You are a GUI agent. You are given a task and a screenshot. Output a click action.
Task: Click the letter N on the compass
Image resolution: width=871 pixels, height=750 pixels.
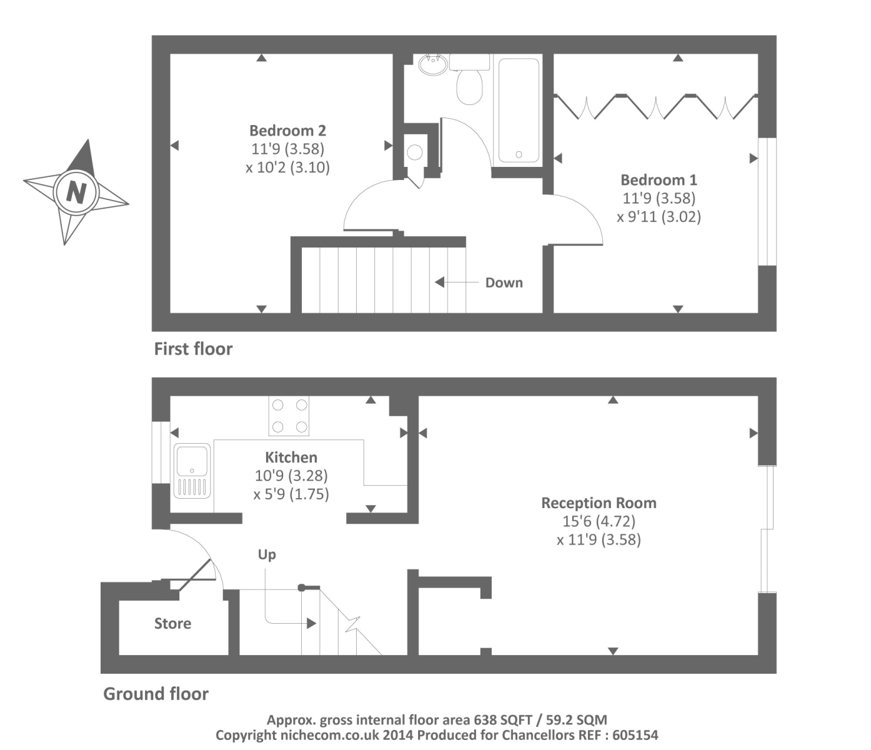pyautogui.click(x=76, y=191)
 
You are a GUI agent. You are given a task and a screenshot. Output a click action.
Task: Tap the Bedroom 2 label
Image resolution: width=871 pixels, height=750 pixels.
pyautogui.click(x=287, y=131)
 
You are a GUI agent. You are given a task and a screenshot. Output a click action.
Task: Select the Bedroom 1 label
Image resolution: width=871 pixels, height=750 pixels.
pyautogui.click(x=659, y=180)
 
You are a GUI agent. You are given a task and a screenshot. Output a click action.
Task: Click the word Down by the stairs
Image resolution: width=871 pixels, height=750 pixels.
pyautogui.click(x=504, y=282)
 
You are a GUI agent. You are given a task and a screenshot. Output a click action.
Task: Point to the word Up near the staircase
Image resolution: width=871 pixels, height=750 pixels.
pyautogui.click(x=267, y=554)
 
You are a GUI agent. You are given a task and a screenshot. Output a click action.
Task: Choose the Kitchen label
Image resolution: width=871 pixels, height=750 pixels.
pyautogui.click(x=291, y=457)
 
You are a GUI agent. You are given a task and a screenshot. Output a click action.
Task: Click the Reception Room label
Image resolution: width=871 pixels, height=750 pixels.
pyautogui.click(x=599, y=503)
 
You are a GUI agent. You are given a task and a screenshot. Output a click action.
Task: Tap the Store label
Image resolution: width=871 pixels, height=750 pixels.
pyautogui.click(x=172, y=623)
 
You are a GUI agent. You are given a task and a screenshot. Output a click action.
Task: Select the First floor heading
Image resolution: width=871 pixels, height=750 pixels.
pyautogui.click(x=193, y=349)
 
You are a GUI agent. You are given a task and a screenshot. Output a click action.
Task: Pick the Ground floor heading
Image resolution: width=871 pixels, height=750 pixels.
pyautogui.click(x=156, y=694)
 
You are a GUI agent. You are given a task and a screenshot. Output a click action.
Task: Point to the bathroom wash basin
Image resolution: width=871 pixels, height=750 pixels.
pyautogui.click(x=432, y=64)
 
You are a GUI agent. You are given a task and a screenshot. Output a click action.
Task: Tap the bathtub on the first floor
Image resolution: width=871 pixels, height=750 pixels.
pyautogui.click(x=518, y=110)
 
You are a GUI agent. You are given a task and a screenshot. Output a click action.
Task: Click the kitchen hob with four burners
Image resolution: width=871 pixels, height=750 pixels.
pyautogui.click(x=289, y=416)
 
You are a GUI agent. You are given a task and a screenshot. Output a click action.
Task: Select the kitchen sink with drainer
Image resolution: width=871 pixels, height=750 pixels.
pyautogui.click(x=192, y=471)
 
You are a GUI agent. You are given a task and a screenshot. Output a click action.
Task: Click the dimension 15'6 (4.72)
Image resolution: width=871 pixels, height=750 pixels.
pyautogui.click(x=599, y=521)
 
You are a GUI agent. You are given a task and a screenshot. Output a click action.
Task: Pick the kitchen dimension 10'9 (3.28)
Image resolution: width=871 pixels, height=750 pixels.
pyautogui.click(x=291, y=476)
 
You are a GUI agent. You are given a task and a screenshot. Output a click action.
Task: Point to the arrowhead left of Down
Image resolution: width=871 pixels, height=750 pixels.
pyautogui.click(x=439, y=282)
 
